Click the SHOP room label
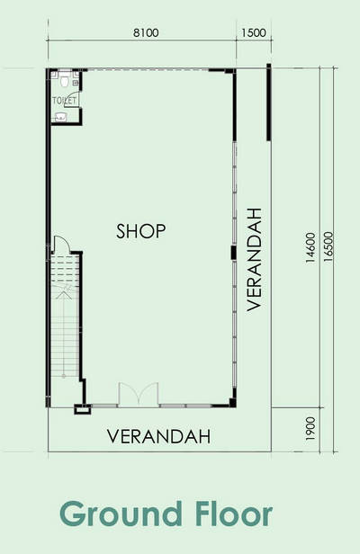coord(140,231)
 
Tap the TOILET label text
coord(64,101)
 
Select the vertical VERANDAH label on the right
coord(254,260)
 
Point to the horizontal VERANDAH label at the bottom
coord(158,436)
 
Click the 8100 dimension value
coord(146,33)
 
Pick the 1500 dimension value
coord(254,33)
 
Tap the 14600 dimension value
coord(310,247)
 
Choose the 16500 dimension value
coord(328,246)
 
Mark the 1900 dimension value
coord(310,429)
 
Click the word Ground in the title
coord(121,514)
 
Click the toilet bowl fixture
coord(64,81)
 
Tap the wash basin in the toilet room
coord(61,117)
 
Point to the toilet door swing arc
coord(70,99)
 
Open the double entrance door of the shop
coord(139,394)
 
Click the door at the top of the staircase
coord(60,244)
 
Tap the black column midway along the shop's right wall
coord(233,253)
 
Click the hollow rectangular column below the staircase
coord(82,409)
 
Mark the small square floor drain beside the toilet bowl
coord(76,83)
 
